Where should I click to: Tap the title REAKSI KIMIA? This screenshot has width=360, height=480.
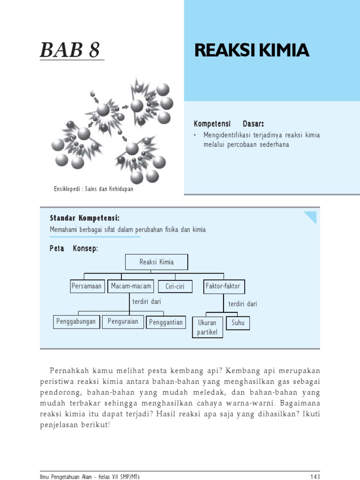click(252, 51)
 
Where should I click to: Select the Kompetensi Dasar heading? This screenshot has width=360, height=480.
click(229, 124)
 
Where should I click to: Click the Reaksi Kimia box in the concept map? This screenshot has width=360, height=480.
click(157, 262)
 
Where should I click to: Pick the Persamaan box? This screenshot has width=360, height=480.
click(86, 286)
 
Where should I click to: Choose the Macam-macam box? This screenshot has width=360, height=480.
click(131, 286)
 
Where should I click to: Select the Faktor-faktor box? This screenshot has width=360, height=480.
click(224, 286)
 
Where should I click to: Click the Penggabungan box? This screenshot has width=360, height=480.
click(76, 322)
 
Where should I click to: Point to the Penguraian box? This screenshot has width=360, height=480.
click(123, 322)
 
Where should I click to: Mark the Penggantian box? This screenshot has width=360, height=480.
click(166, 322)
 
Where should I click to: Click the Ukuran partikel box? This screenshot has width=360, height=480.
click(207, 327)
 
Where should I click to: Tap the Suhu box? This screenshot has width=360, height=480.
click(238, 322)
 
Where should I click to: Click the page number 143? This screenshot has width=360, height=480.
click(315, 477)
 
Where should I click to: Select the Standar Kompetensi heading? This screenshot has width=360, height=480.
click(84, 218)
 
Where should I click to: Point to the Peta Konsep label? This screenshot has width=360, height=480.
click(74, 248)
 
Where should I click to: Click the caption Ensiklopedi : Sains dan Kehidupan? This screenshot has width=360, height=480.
click(93, 189)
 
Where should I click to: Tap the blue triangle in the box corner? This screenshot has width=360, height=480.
click(311, 216)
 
